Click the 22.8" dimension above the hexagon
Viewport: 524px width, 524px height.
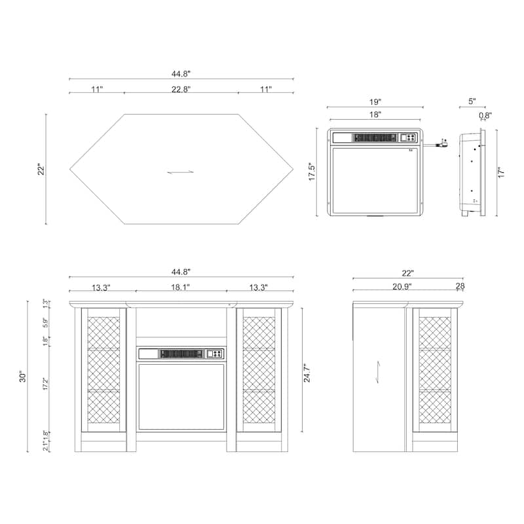[x=181, y=88]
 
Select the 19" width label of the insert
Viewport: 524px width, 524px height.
[x=375, y=102]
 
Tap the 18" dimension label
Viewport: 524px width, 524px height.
[x=375, y=115]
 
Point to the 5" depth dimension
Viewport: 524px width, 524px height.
[x=472, y=102]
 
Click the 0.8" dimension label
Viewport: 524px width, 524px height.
[x=485, y=115]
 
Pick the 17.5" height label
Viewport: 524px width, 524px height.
[x=312, y=172]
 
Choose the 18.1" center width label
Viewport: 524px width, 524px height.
[x=181, y=287]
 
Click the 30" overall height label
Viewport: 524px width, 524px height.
[x=23, y=377]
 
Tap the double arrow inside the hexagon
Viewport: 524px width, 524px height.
[x=181, y=172]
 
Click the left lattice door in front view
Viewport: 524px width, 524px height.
[x=103, y=370]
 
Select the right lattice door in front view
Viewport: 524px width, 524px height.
[x=259, y=370]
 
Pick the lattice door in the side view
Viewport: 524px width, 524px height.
[x=435, y=370]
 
